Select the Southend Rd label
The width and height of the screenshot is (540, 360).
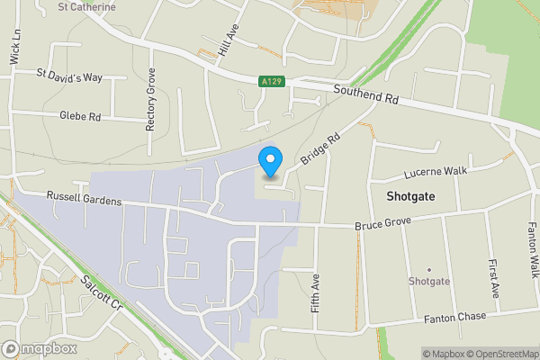coord(365,94)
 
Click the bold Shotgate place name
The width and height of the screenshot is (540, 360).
coord(411,195)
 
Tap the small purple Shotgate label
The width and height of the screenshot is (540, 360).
coord(429,281)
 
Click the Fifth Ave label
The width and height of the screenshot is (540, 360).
coord(315,292)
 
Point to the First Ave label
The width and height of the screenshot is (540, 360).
coord(494,280)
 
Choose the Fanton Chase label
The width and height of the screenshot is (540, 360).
coord(455,317)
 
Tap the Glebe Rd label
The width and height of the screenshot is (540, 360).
coord(80,116)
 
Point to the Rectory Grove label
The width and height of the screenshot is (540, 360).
coord(150,100)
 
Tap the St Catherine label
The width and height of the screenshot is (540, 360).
coord(86,7)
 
